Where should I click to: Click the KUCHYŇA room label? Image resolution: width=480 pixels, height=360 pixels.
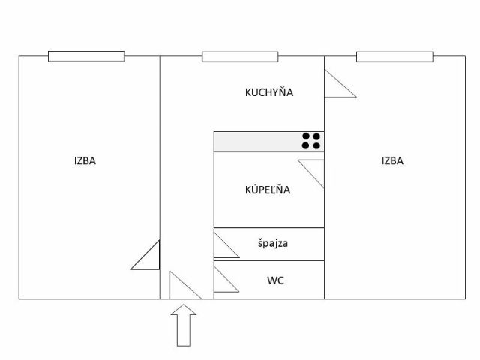click(x=269, y=91)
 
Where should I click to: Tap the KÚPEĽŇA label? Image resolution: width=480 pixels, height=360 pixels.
click(x=268, y=189)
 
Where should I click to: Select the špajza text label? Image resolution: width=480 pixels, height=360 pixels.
click(x=273, y=243)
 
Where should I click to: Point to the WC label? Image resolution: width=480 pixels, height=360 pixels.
click(x=275, y=280)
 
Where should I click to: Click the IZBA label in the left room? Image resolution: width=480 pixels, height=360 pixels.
click(x=85, y=160)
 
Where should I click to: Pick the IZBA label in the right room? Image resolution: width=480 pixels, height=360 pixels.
click(x=392, y=160)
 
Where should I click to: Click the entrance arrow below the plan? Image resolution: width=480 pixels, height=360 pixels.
click(x=184, y=325)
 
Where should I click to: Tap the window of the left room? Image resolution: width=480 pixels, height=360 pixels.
click(x=86, y=56)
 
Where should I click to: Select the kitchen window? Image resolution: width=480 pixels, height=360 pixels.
click(x=240, y=57)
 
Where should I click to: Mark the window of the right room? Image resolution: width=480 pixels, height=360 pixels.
click(x=394, y=57)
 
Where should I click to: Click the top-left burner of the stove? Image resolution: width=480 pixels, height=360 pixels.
click(x=306, y=136)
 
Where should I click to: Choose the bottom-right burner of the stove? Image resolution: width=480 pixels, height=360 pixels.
click(x=316, y=145)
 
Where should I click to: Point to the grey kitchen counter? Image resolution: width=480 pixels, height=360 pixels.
click(x=268, y=142)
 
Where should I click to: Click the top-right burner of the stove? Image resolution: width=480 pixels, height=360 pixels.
click(x=316, y=136)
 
